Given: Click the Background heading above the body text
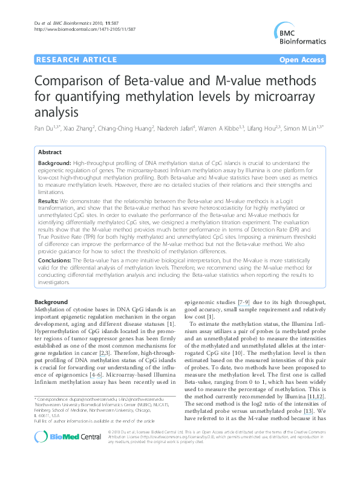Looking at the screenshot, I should coord(51,302).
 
